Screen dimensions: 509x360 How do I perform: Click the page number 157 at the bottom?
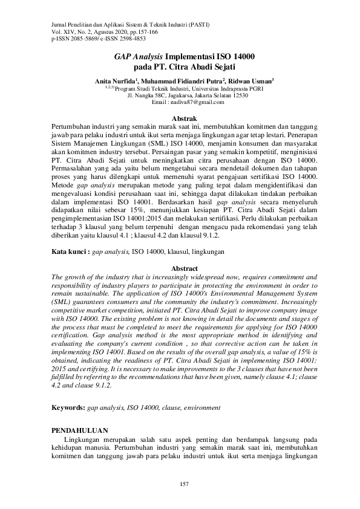(180, 484)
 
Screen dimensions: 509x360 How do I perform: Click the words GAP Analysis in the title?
(137, 56)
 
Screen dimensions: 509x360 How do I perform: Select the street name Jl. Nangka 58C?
(140, 95)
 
